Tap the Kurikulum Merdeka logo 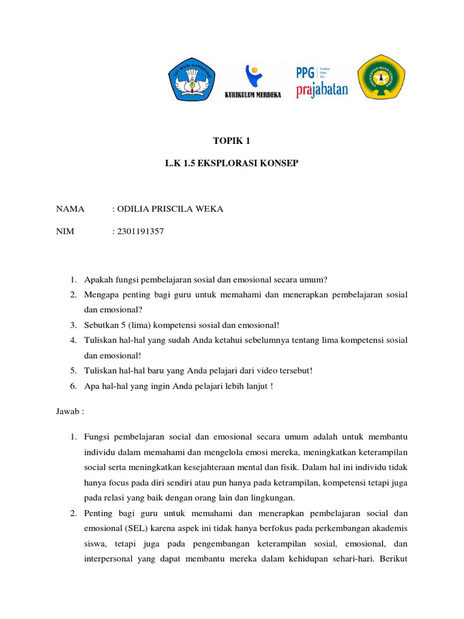coord(253,82)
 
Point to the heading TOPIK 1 coord(231,141)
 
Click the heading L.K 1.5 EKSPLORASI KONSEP coord(231,164)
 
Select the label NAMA coord(70,209)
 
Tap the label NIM coord(65,231)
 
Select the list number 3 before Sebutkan coord(72,325)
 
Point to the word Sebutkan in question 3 coord(101,325)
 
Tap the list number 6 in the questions coord(72,386)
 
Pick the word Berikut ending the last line coord(392,560)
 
